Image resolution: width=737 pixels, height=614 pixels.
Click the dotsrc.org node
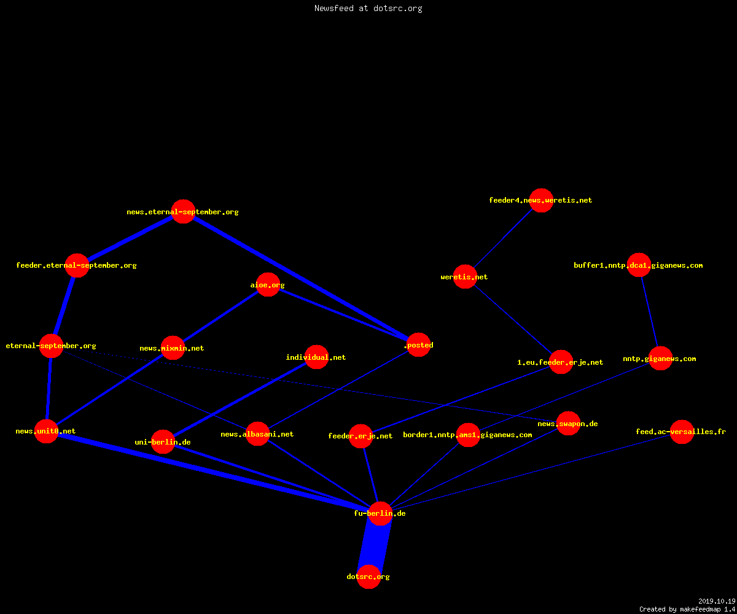368,577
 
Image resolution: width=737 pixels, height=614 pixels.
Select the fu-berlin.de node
380,513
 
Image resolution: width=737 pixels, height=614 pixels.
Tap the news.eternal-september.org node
183,212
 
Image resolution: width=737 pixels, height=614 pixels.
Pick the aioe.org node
268,285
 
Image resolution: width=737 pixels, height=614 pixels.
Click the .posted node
419,344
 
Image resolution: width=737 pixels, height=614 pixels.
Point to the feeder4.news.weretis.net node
541,200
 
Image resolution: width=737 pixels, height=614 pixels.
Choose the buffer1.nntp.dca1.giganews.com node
639,265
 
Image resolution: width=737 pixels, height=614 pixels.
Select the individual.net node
317,357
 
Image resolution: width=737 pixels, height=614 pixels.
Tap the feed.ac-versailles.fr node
682,432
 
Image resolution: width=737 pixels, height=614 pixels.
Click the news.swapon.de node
568,424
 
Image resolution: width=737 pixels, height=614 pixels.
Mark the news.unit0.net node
46,431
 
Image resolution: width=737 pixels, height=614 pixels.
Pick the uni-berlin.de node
163,442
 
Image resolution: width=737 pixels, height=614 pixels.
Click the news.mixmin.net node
173,348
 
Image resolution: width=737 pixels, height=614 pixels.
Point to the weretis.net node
465,277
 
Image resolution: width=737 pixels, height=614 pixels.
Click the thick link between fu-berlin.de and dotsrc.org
375,545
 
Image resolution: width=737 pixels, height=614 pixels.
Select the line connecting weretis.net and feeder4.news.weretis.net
503,239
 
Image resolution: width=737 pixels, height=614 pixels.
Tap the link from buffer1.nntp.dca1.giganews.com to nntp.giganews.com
649,312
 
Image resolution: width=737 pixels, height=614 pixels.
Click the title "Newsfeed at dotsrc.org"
368,9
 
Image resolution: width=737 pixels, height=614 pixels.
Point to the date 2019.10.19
717,601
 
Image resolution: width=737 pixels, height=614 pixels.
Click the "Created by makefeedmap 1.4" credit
687,610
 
